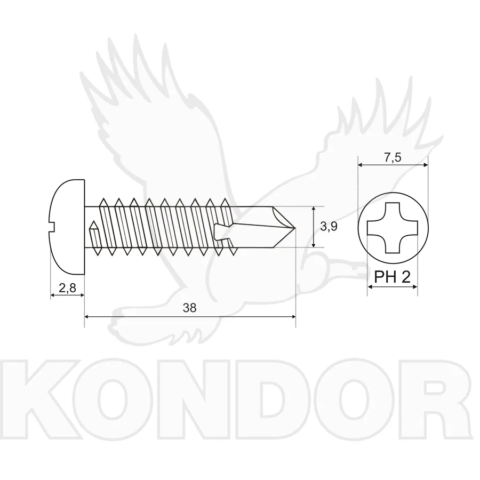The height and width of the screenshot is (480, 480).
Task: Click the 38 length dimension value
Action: coord(189,308)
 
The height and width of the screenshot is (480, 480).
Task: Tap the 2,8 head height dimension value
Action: coord(67,288)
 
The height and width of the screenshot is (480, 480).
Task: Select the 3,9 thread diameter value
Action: coord(329,227)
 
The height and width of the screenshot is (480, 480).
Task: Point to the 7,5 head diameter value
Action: coord(393,157)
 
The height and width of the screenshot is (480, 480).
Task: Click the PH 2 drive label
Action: coord(392,277)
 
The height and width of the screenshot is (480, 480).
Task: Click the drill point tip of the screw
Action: coord(294,228)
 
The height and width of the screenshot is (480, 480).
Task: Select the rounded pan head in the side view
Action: coord(67,227)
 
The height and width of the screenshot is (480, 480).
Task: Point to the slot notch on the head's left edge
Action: coord(52,227)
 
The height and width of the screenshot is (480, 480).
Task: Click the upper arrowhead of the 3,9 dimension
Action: coord(314,209)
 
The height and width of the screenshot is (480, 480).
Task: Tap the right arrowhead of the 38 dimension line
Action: coord(293,316)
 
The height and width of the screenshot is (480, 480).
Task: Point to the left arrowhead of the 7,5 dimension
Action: coord(361,165)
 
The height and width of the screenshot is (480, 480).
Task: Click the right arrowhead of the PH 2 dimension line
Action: coord(415,287)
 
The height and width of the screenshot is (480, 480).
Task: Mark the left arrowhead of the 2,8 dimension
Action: coord(53,295)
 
